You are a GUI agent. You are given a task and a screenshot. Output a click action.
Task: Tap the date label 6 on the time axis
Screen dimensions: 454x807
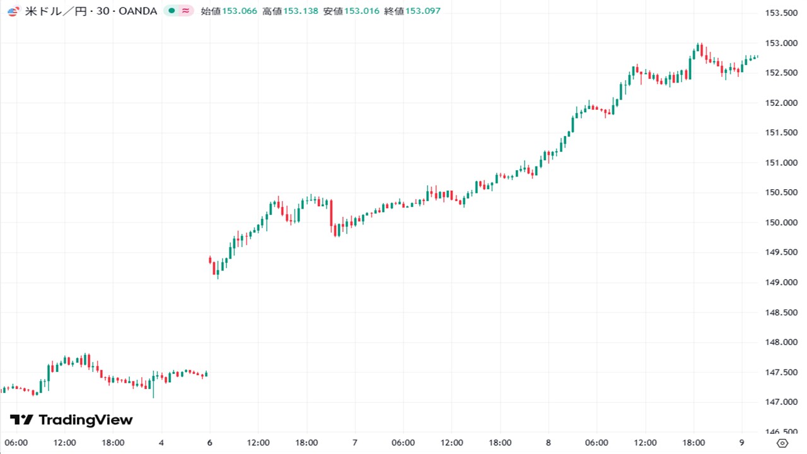pyautogui.click(x=209, y=443)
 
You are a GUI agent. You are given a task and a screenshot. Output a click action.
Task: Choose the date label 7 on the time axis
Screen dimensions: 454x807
pyautogui.click(x=355, y=443)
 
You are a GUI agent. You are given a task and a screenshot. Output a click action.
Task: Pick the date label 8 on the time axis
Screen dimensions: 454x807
pyautogui.click(x=549, y=443)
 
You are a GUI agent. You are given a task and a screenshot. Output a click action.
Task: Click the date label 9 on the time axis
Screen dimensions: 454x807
pyautogui.click(x=741, y=443)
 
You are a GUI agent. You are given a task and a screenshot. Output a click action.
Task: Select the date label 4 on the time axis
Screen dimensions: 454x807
pyautogui.click(x=161, y=443)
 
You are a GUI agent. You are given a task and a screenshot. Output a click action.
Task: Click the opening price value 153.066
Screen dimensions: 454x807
pyautogui.click(x=240, y=11)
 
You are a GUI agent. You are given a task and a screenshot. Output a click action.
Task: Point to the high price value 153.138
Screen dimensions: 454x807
pyautogui.click(x=301, y=11)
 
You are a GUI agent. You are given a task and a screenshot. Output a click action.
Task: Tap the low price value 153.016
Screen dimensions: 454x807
pyautogui.click(x=362, y=11)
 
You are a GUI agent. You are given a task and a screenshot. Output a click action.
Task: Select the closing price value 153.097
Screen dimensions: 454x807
pyautogui.click(x=423, y=11)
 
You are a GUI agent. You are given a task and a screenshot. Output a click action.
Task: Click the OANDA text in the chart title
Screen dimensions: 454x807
pyautogui.click(x=137, y=11)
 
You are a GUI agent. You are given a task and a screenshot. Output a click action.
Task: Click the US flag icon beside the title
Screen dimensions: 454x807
pyautogui.click(x=13, y=11)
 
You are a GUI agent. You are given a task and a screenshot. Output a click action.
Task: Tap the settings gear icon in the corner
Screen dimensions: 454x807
pyautogui.click(x=782, y=443)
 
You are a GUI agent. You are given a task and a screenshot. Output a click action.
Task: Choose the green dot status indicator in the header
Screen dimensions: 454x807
pyautogui.click(x=171, y=11)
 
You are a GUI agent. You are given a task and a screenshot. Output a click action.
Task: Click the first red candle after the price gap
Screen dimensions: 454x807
pyautogui.click(x=210, y=259)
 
